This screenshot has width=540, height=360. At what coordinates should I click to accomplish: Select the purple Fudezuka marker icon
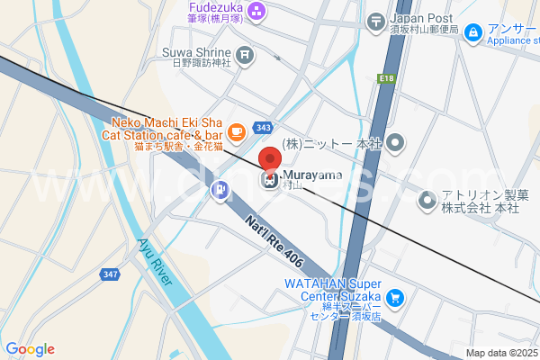[257, 12]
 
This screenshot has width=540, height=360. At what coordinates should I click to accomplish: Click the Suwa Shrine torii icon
[246, 55]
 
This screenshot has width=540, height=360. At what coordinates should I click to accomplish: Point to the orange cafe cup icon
[236, 133]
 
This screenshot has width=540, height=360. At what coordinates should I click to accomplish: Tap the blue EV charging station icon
[220, 190]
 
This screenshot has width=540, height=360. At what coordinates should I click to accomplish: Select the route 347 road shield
[110, 273]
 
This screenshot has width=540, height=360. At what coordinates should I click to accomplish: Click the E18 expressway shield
[387, 79]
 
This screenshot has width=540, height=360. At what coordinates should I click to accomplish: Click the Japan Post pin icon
[379, 20]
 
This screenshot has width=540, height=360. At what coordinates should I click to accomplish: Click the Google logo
[30, 349]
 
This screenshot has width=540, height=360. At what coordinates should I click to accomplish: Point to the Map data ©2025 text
[499, 353]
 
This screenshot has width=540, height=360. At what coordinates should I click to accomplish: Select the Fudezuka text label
[213, 4]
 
